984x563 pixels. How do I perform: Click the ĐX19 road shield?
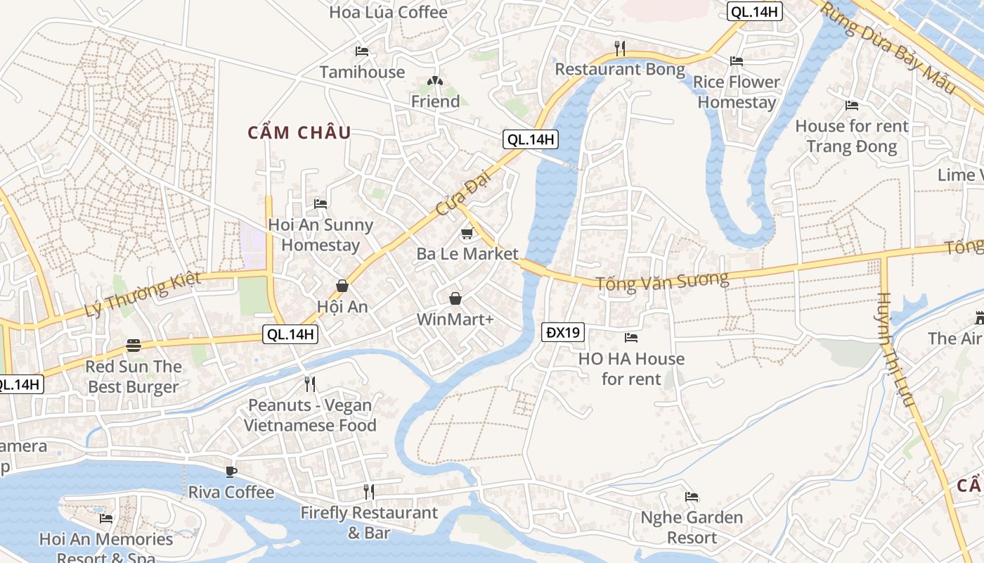[564, 332]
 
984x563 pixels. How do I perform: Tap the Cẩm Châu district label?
[299, 133]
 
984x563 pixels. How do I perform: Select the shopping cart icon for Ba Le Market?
[467, 233]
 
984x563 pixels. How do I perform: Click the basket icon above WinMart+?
[455, 298]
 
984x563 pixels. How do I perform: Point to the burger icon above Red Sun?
[134, 346]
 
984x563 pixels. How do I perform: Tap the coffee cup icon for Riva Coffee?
[231, 472]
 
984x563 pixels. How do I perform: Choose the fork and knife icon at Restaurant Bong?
[619, 48]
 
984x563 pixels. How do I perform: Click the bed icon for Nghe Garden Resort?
[692, 497]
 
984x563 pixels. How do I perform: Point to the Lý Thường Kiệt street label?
[143, 294]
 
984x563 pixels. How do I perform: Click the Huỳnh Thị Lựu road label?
[895, 350]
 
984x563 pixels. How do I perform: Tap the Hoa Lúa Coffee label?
[388, 12]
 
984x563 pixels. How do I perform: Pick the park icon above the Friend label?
[435, 81]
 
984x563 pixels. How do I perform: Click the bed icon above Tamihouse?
[362, 51]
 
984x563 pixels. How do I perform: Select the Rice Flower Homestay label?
[737, 92]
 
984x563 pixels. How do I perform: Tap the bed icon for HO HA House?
[631, 338]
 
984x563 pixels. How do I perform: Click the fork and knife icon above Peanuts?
[309, 384]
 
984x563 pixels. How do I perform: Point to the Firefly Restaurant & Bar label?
[369, 523]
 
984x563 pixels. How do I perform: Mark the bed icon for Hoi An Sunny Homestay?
[321, 204]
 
